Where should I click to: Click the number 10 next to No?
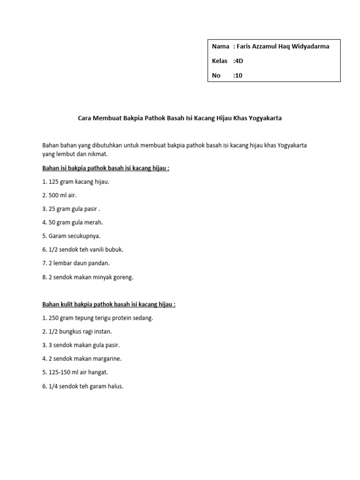click(x=239, y=75)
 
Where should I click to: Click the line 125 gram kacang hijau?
click(x=76, y=181)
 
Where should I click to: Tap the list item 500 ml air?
click(x=59, y=195)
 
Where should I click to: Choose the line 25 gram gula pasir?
click(x=71, y=209)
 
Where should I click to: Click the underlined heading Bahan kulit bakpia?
click(x=109, y=304)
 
